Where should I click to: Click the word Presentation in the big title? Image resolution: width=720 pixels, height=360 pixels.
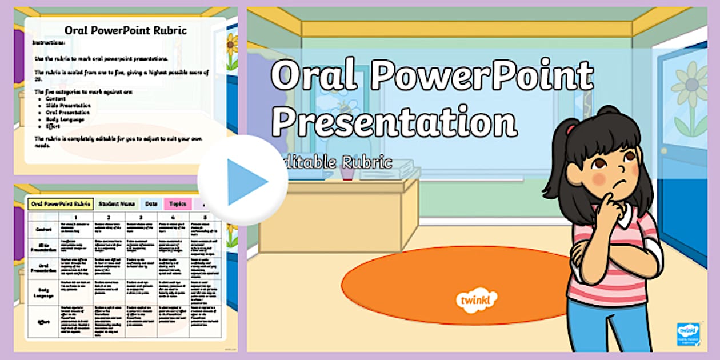point(394,121)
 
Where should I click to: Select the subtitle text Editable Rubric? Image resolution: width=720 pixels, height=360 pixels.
point(337,162)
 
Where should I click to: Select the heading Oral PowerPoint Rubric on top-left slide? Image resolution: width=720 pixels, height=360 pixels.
point(125,31)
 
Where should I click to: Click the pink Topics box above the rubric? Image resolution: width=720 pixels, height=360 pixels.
point(178,203)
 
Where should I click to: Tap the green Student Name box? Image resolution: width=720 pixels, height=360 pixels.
point(117,203)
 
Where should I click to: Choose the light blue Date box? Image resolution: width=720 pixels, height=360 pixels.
point(151,203)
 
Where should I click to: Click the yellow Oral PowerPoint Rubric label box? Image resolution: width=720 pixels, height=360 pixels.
point(60,203)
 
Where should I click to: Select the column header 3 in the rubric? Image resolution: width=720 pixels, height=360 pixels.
point(141,217)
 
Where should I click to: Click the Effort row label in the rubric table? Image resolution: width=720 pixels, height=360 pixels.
point(43,322)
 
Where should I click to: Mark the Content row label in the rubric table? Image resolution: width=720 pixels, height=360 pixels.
point(43,229)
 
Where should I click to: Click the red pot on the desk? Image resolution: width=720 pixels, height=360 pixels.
point(348,171)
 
